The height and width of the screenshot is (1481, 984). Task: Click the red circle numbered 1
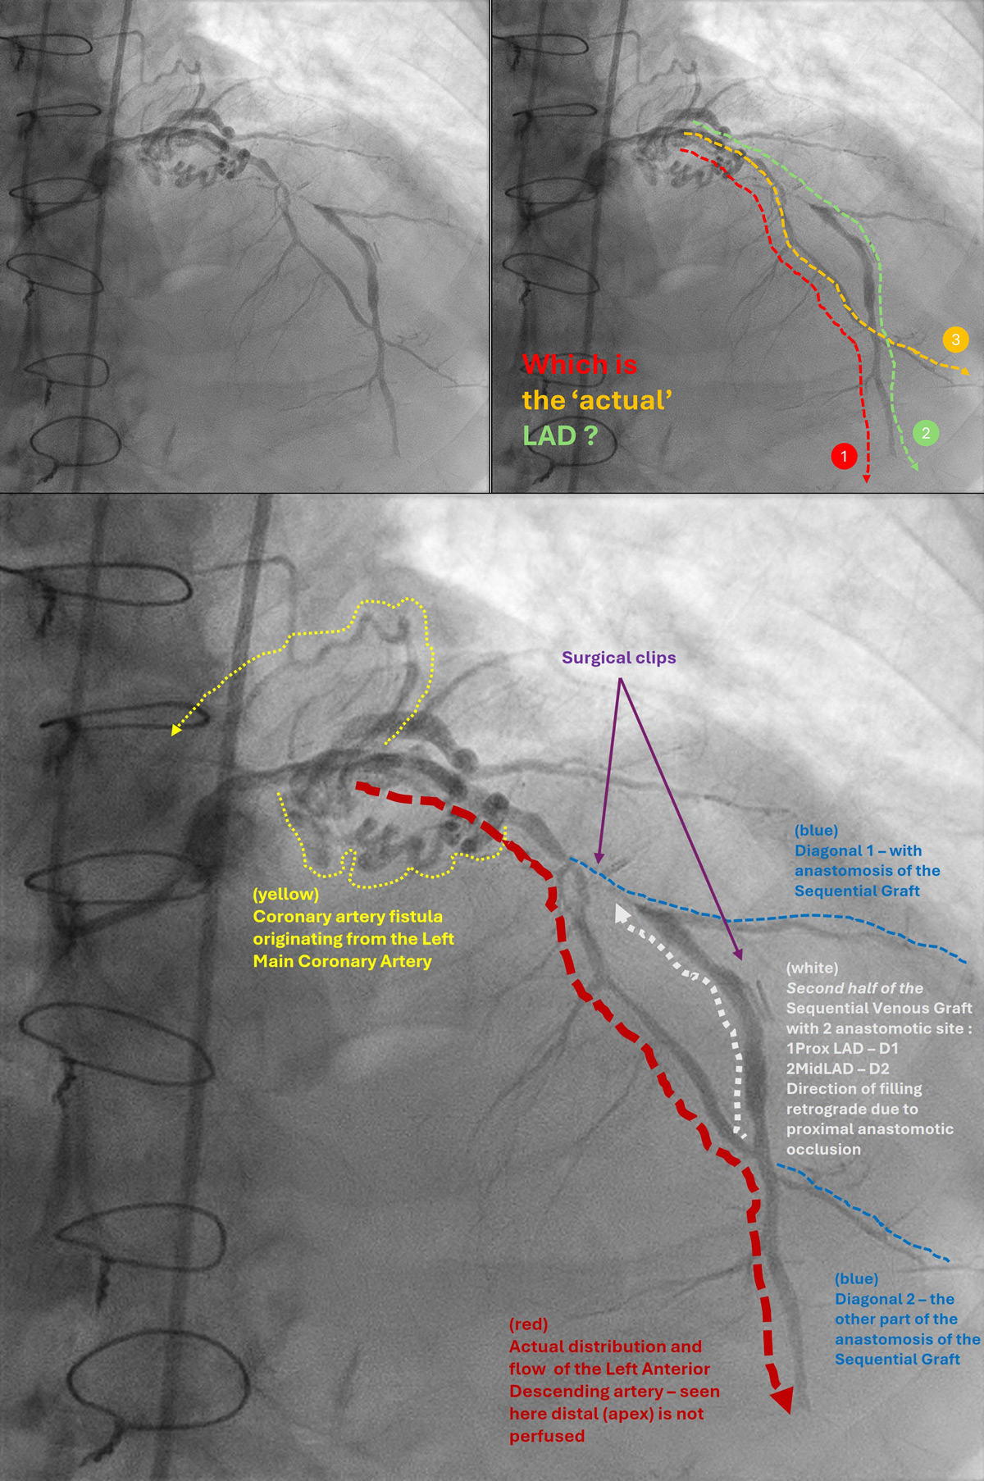[844, 456]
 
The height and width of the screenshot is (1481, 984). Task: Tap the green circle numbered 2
[926, 433]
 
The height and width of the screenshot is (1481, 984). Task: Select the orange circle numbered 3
[955, 339]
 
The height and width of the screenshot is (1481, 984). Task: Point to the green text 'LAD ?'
[560, 435]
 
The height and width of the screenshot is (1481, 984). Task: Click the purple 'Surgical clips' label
[619, 658]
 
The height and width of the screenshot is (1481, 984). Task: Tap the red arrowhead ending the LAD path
[783, 1400]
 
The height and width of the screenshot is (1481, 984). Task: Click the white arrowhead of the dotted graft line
[622, 914]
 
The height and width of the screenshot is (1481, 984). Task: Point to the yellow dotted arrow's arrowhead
[175, 729]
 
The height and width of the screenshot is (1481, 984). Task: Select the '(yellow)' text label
[285, 894]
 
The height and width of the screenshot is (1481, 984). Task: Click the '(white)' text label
[812, 968]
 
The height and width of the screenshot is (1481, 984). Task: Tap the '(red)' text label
[528, 1324]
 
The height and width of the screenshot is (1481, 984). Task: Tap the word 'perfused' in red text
[547, 1437]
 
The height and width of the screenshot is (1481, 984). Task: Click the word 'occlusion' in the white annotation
[823, 1149]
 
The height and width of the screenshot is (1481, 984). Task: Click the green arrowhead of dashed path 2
[914, 467]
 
